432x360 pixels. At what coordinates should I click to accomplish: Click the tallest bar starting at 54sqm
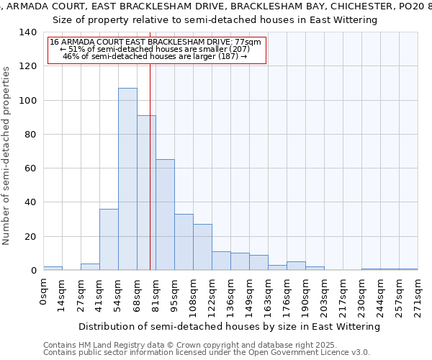point(127,179)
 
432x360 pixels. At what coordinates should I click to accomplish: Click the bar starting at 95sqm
point(184,242)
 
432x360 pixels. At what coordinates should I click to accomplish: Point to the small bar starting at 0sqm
point(53,268)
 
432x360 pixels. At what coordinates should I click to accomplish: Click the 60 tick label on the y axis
point(30,168)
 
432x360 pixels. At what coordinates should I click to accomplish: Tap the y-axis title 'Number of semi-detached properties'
point(7,156)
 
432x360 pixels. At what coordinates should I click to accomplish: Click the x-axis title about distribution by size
point(229,326)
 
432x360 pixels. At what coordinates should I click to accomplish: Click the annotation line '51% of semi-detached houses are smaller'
point(155,49)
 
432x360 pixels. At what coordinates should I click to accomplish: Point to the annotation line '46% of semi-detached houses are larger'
point(155,56)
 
